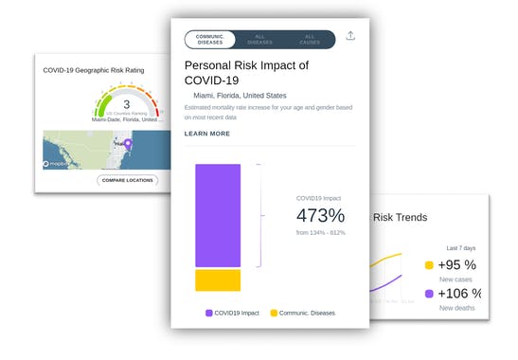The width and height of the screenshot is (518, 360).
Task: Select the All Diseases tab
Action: pyautogui.click(x=260, y=39)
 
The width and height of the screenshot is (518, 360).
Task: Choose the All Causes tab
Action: pyautogui.click(x=310, y=39)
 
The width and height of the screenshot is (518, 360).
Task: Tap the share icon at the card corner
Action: pyautogui.click(x=351, y=36)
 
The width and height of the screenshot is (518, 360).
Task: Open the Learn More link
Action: pyautogui.click(x=207, y=134)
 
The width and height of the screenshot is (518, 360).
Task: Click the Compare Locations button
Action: pyautogui.click(x=128, y=180)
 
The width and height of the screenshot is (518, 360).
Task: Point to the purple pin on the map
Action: pyautogui.click(x=129, y=145)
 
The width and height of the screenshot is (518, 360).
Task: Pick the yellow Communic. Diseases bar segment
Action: pyautogui.click(x=219, y=280)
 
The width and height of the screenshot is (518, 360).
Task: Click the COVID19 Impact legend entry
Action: pyautogui.click(x=231, y=313)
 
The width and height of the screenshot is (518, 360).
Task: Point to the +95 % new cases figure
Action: pyautogui.click(x=457, y=265)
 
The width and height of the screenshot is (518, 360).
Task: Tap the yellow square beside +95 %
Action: pyautogui.click(x=430, y=266)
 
